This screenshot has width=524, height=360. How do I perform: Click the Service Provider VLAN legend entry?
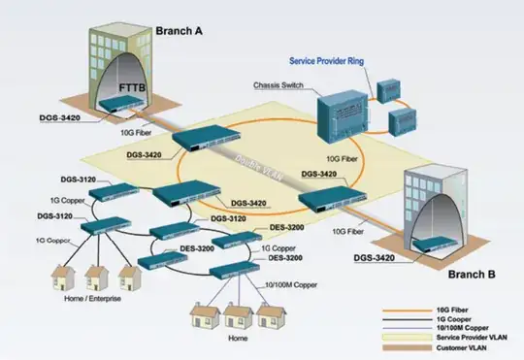click(461, 336)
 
